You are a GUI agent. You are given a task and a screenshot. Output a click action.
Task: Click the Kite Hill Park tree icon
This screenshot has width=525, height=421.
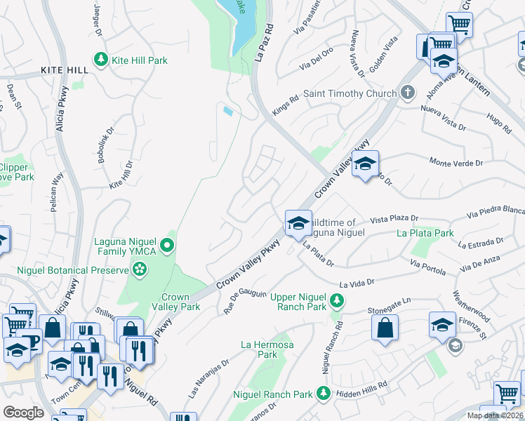[x=102, y=60]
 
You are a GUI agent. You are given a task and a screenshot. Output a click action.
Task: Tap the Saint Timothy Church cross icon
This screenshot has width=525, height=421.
[x=408, y=93]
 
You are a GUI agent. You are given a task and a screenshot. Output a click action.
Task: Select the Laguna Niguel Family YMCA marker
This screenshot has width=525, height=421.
[x=166, y=245]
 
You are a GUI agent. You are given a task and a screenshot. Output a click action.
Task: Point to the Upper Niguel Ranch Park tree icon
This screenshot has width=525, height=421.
[x=338, y=300]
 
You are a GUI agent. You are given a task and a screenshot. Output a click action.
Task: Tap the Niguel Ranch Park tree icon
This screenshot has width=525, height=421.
[x=323, y=394]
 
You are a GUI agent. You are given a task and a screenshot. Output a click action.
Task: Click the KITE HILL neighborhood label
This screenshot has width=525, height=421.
[x=65, y=71]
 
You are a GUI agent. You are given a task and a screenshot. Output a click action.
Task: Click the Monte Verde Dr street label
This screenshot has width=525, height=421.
[x=456, y=163]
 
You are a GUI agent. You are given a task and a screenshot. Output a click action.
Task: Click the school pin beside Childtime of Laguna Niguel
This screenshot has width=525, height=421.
[x=298, y=223]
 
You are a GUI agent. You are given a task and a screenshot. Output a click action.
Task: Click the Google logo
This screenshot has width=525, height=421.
[x=23, y=413]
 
